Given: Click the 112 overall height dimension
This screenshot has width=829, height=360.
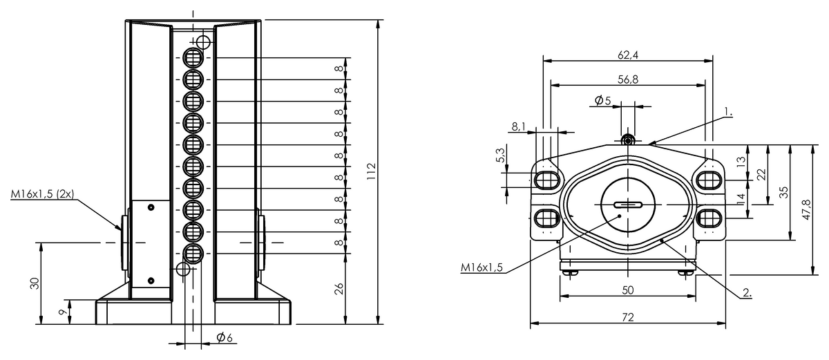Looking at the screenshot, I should click(371, 171).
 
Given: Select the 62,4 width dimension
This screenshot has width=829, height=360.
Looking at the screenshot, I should click(627, 54).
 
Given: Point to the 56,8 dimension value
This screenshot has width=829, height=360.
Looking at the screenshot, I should click(627, 79).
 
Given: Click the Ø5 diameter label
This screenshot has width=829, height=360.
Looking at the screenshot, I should click(602, 101).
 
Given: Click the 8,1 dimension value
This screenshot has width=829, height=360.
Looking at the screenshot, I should click(519, 126).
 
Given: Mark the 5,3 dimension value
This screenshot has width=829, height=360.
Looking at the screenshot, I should click(500, 157).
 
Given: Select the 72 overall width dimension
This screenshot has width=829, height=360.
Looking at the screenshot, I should click(627, 317).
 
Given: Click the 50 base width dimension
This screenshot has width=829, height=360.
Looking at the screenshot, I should click(627, 290).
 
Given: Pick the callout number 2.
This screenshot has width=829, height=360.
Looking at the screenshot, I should click(746, 292).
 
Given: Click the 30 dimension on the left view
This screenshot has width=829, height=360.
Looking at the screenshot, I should click(35, 283).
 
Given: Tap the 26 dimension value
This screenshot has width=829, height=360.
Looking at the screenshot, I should click(339, 289).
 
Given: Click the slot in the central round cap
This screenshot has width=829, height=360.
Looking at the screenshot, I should click(627, 205).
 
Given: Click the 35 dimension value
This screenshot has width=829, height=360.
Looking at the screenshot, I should click(784, 193).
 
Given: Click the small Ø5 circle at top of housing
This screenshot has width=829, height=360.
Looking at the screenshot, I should click(627, 140).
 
